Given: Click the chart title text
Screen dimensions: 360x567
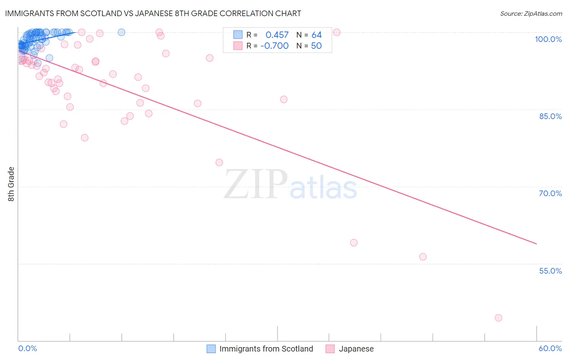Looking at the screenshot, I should [153, 14].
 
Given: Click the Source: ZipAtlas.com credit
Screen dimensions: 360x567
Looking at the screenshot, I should [531, 14].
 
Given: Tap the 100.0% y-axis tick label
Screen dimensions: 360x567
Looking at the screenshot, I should [548, 39].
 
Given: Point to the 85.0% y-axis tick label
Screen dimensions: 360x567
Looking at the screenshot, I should [550, 116].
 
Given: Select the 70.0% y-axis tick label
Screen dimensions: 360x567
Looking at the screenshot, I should [550, 193].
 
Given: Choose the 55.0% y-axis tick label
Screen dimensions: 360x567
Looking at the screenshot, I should [550, 271].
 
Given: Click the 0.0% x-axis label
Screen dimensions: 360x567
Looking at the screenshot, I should [27, 348].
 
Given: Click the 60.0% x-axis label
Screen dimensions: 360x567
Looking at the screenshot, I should [550, 348].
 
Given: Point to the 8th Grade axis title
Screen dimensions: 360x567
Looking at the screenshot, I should [11, 184].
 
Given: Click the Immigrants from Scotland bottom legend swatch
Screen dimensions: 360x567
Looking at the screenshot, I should [211, 349].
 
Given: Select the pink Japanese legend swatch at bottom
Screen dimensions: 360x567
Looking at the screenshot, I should [330, 349].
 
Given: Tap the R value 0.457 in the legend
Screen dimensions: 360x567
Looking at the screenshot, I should [277, 35].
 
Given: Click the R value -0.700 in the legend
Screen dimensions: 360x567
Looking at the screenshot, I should [274, 46].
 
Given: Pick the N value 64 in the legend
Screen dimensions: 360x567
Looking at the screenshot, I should [317, 35].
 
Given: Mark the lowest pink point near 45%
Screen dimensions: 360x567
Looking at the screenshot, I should [498, 318].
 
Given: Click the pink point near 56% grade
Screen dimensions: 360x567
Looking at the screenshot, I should [423, 257].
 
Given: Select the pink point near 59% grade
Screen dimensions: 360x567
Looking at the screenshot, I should [354, 243].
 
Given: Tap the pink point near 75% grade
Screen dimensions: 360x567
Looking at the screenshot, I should [219, 162].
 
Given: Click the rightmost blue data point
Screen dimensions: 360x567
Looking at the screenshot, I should [121, 32].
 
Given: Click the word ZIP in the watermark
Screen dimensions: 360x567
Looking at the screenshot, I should [256, 185].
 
